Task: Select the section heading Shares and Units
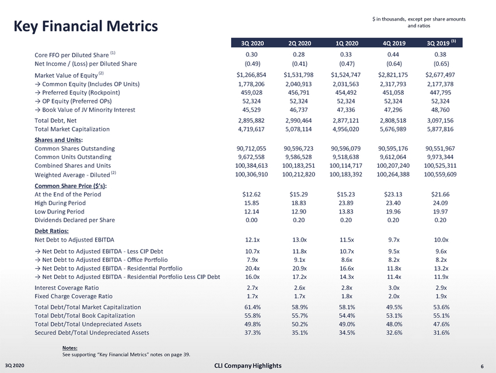58,139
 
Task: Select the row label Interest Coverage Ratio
67,288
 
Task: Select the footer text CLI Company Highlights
247,366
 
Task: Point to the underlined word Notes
70,347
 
